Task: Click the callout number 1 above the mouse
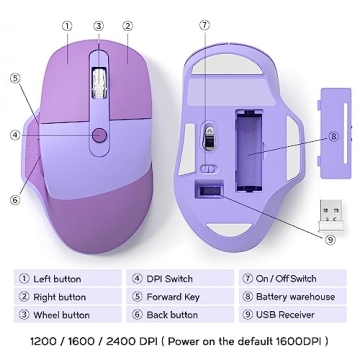pyautogui.click(x=67, y=27)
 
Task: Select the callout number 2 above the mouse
pyautogui.click(x=128, y=27)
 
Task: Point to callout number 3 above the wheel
pyautogui.click(x=98, y=27)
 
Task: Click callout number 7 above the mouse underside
pyautogui.click(x=204, y=26)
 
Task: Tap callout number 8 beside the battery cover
pyautogui.click(x=333, y=136)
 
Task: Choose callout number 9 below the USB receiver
pyautogui.click(x=330, y=239)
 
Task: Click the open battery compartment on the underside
pyautogui.click(x=251, y=145)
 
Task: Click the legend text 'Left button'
pyautogui.click(x=57, y=279)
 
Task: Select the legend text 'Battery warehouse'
pyautogui.click(x=295, y=297)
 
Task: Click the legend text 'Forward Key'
pyautogui.click(x=173, y=297)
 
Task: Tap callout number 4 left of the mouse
pyautogui.click(x=15, y=135)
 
